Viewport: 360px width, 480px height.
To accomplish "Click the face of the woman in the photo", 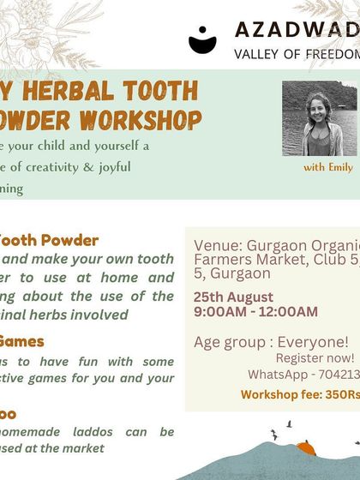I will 318,108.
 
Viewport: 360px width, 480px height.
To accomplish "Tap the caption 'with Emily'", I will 328,167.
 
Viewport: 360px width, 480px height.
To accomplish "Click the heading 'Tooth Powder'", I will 49,240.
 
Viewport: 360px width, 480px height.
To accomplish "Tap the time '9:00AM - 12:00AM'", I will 256,311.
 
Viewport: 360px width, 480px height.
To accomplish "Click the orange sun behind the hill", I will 307,447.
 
